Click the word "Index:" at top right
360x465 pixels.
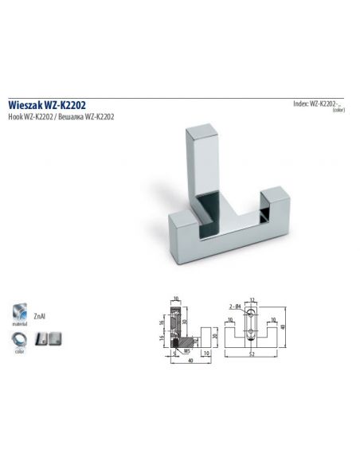(x=301, y=104)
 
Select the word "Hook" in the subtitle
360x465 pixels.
(x=15, y=116)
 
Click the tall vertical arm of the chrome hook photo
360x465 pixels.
(x=202, y=159)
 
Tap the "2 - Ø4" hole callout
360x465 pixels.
(x=237, y=306)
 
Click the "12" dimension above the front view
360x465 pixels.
(x=252, y=299)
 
